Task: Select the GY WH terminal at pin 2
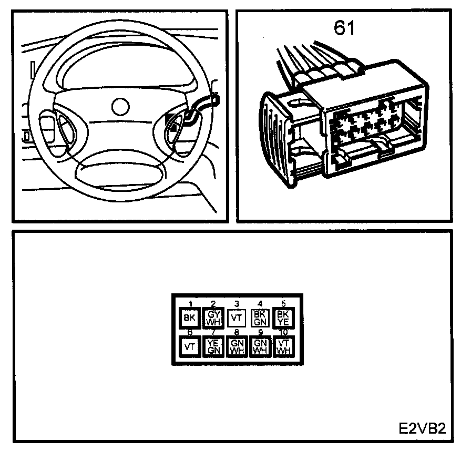(x=213, y=318)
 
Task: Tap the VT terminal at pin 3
(x=237, y=318)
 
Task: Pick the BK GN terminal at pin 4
(x=260, y=318)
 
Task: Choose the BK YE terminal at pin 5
(x=283, y=318)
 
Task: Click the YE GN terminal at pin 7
(x=213, y=346)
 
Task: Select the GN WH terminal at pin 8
(x=237, y=346)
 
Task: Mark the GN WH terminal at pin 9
(x=260, y=346)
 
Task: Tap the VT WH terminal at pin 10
(x=283, y=346)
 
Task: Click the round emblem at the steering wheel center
(x=121, y=105)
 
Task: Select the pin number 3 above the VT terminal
(x=237, y=304)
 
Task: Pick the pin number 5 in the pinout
(x=283, y=303)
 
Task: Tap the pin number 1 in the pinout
(x=190, y=303)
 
